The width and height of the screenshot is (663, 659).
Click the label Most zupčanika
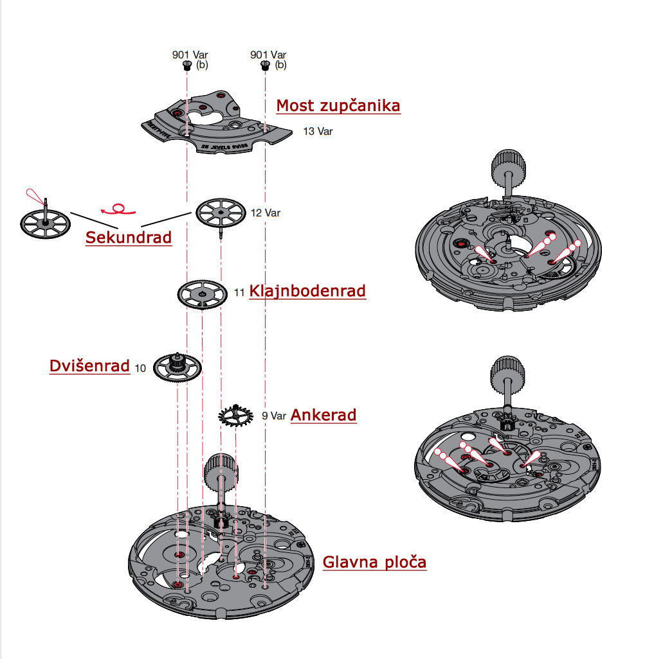[338, 105]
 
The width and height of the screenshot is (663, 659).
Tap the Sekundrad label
[129, 238]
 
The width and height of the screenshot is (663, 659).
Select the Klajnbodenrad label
[307, 291]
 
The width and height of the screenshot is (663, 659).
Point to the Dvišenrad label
[89, 366]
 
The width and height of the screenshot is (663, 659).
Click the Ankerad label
[323, 415]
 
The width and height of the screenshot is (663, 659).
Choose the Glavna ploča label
[374, 563]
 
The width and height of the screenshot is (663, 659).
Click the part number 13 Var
[318, 132]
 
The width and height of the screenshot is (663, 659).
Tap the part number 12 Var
[265, 213]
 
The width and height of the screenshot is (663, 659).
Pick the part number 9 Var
[273, 416]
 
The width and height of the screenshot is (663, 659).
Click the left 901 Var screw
[186, 65]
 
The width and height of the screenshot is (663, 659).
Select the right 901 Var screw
[264, 65]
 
